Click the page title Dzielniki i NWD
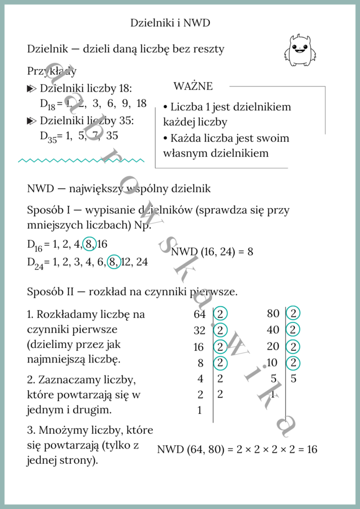(170, 23)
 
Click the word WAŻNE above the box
(193, 87)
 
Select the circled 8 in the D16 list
(89, 244)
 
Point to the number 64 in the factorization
(199, 314)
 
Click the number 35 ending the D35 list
(112, 136)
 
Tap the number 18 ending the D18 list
(141, 103)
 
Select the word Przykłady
(52, 71)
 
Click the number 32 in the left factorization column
(199, 330)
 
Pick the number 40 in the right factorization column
(273, 330)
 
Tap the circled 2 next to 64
(221, 314)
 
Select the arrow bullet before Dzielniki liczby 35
(31, 121)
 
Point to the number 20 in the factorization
(273, 347)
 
